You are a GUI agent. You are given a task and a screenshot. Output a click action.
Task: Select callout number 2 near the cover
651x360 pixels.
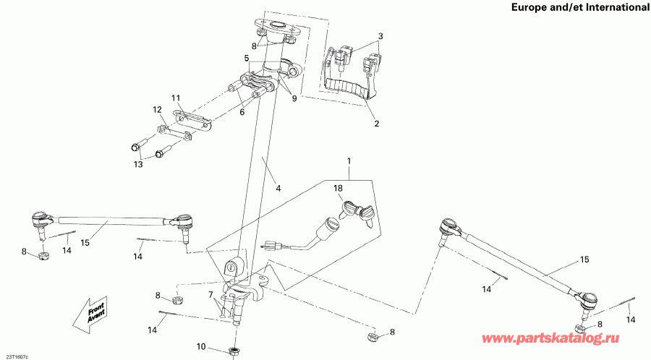point(375,124)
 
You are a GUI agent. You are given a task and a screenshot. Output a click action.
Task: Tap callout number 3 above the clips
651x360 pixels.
point(380,36)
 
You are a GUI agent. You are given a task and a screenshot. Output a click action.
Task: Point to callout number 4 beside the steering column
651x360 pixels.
point(278,189)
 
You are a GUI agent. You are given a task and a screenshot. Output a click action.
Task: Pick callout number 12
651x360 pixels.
point(157,110)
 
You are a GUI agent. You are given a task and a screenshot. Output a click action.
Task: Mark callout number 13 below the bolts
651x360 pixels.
point(139,164)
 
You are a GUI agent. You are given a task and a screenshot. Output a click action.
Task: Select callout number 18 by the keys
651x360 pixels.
point(337,188)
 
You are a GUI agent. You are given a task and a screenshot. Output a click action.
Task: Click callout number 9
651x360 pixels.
point(294,98)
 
